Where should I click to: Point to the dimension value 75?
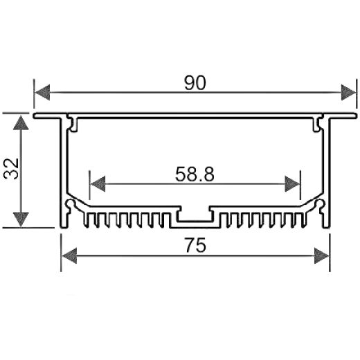(x=195, y=246)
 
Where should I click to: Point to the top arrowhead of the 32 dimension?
(x=22, y=123)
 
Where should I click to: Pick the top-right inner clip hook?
(x=318, y=125)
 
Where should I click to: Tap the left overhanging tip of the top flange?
(x=36, y=115)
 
